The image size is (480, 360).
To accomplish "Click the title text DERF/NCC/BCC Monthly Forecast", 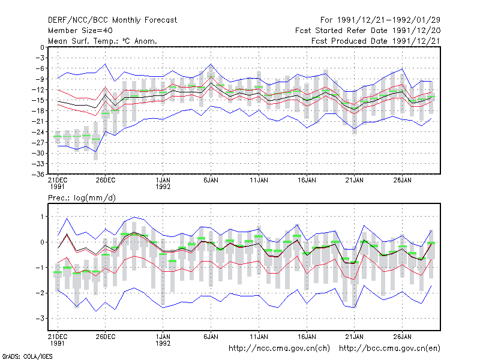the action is click(112, 20).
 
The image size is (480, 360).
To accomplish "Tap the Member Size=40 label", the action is click(80, 31).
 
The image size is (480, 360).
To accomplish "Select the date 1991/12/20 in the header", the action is click(416, 31).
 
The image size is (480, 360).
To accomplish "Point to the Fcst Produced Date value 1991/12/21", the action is click(416, 41).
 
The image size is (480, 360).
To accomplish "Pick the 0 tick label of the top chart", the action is click(42, 47).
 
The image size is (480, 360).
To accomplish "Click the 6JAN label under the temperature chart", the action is click(211, 181).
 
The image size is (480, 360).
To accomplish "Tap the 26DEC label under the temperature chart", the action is click(106, 181).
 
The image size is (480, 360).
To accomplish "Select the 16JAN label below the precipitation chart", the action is click(307, 337).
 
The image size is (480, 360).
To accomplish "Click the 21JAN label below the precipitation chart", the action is click(355, 337).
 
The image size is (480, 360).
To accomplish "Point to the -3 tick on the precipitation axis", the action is click(40, 319).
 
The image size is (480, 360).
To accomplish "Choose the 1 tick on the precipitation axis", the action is click(43, 217).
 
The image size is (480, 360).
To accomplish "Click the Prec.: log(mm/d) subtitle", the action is click(82, 198).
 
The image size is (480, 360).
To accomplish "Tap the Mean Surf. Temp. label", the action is click(83, 41).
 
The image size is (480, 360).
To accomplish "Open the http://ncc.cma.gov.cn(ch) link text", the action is click(279, 349).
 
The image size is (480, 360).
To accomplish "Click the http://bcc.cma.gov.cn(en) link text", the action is click(389, 349).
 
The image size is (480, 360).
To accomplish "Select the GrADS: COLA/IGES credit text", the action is click(27, 356).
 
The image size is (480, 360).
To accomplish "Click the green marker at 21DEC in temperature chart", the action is click(58, 136).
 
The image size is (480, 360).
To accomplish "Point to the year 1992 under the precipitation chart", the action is click(163, 343).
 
